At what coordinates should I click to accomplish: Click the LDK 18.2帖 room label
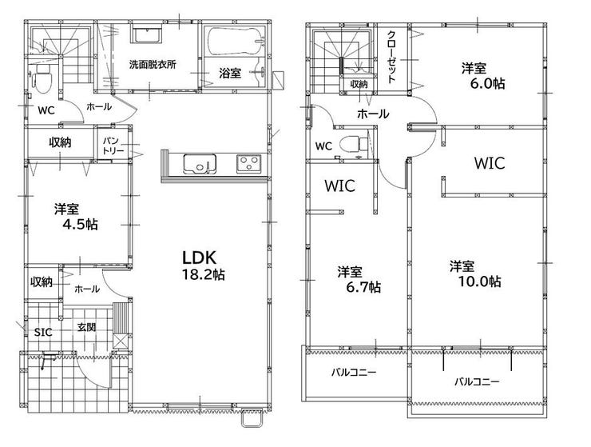click(x=203, y=265)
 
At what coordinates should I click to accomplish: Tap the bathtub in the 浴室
click(x=235, y=41)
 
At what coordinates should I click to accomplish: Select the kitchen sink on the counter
click(x=200, y=164)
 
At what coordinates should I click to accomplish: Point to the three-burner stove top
click(x=248, y=164)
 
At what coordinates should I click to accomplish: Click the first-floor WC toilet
click(x=42, y=78)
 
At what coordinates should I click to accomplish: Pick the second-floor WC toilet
click(x=354, y=144)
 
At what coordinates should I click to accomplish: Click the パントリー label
click(x=113, y=146)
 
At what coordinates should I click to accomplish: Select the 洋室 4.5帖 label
click(x=76, y=217)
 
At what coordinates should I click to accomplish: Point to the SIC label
click(x=43, y=332)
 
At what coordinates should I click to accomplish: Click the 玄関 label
click(x=86, y=327)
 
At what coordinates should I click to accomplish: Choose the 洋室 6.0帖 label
click(x=483, y=76)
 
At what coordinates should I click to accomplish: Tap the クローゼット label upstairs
click(x=391, y=56)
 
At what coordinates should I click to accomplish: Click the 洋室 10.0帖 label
click(x=475, y=273)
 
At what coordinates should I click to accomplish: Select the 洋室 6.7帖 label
click(x=359, y=279)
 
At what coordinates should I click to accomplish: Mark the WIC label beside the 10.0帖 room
click(x=490, y=163)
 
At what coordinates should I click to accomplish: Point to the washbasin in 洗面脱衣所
click(x=147, y=34)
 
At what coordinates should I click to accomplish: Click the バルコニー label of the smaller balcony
click(x=354, y=373)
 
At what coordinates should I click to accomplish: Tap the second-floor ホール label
click(x=373, y=114)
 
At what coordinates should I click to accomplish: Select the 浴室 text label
click(x=230, y=73)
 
